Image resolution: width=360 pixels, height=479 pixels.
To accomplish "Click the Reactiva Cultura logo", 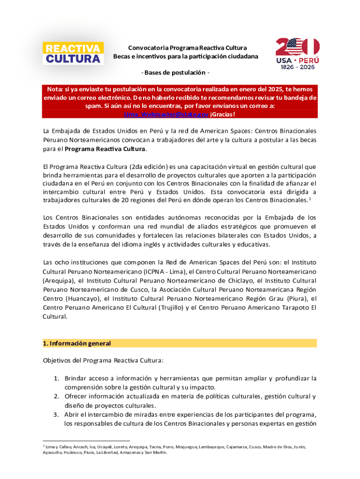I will [73, 53].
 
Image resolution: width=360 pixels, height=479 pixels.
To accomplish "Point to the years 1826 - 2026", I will [297, 67].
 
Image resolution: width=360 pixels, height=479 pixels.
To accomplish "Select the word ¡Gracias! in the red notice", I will [223, 115].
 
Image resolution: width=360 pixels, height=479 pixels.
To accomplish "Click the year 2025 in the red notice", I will [260, 89].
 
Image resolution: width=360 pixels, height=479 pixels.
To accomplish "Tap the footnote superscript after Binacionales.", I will [310, 198].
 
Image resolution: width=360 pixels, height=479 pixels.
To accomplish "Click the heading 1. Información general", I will [77, 343].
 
